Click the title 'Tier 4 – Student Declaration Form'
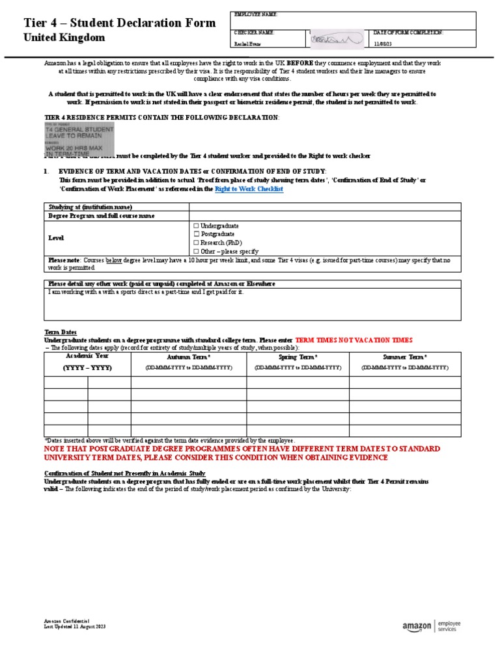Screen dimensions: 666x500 pos(119,23)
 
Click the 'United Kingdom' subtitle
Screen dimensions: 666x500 pos(64,38)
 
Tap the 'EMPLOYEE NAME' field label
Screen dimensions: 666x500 pos(255,14)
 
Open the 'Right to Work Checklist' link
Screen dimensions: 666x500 pos(249,189)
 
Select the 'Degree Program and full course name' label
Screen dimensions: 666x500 pos(102,215)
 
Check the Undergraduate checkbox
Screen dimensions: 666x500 pos(197,226)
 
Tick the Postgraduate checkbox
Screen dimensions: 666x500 pos(197,234)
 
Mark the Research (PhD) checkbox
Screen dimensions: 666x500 pos(197,243)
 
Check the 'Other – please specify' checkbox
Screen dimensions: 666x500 pos(197,251)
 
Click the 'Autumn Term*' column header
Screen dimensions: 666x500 pos(189,358)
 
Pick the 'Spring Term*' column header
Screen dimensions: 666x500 pos(298,358)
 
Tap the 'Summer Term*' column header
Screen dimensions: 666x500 pos(405,358)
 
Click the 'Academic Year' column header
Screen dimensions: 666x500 pos(87,356)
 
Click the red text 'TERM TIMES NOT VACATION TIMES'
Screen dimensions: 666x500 pos(354,340)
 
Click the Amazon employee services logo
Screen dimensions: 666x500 pos(431,626)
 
